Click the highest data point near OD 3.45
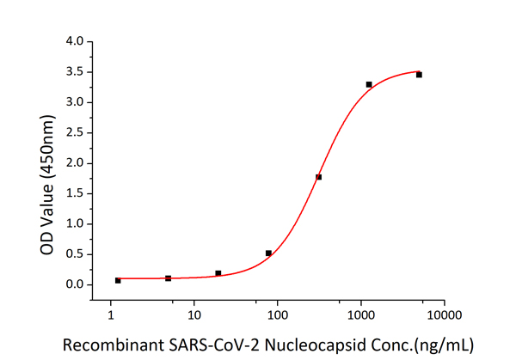(419, 75)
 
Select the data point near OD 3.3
(369, 84)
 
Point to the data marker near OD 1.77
(318, 177)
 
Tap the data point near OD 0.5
(268, 253)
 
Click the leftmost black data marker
(118, 280)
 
